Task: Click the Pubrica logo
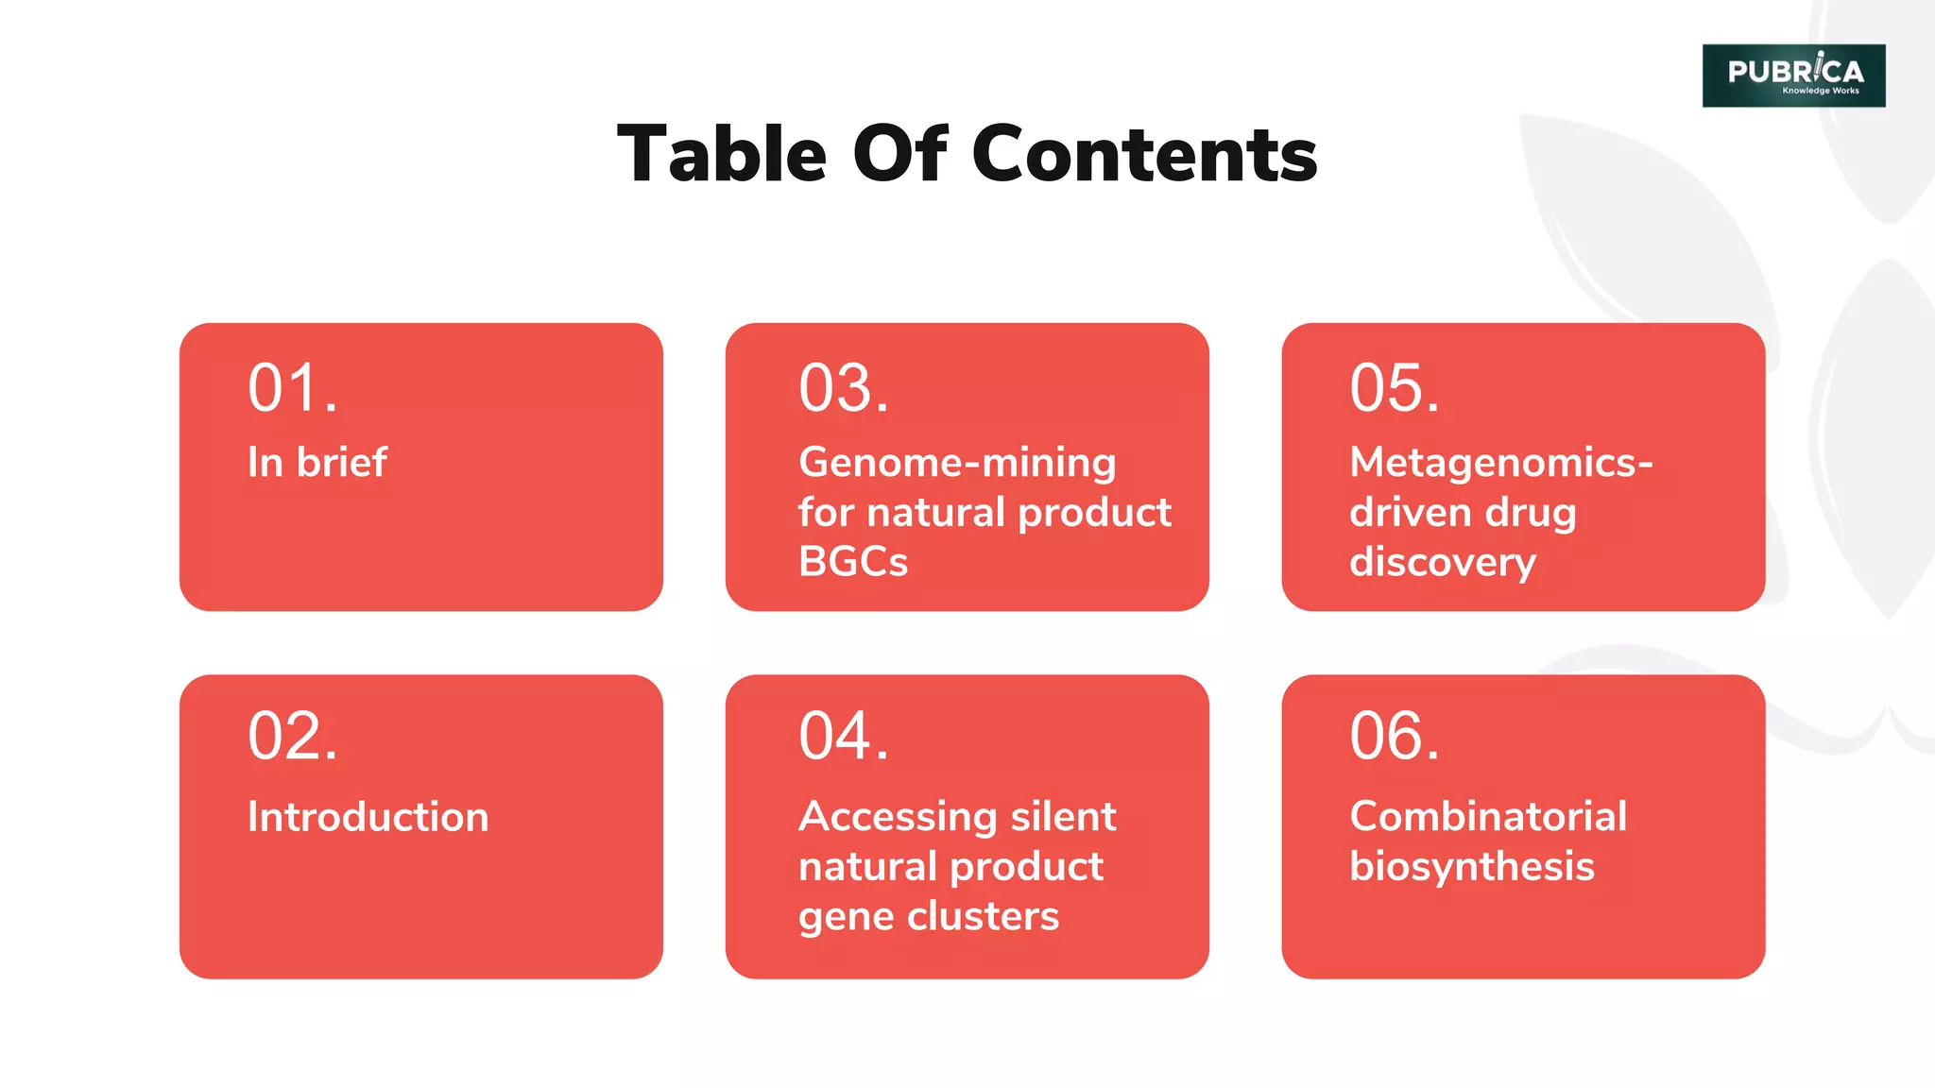[x=1792, y=76]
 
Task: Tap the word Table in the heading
[x=722, y=154]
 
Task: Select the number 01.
[x=292, y=388]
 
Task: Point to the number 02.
[x=292, y=737]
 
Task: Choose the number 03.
[x=843, y=388]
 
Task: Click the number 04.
[x=843, y=737]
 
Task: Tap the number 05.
[x=1394, y=388]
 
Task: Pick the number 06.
[x=1394, y=737]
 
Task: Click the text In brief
[x=317, y=463]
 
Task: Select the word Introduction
[x=368, y=817]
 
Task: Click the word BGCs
[x=852, y=562]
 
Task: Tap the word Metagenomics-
[x=1500, y=463]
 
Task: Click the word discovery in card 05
[x=1442, y=563]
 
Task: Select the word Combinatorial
[x=1487, y=817]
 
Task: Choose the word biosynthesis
[x=1471, y=867]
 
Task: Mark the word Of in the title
[x=899, y=154]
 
